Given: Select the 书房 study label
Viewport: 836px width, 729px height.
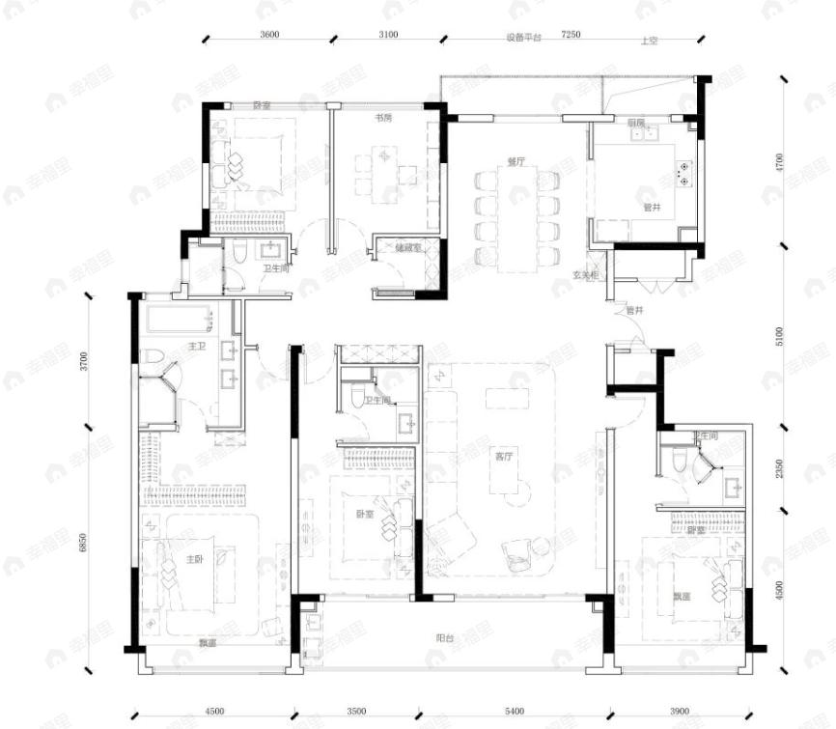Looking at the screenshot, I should click(x=383, y=118).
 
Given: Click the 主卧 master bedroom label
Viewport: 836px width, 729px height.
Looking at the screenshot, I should click(x=194, y=558).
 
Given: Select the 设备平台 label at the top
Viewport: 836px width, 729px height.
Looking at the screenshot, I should click(x=524, y=38).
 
